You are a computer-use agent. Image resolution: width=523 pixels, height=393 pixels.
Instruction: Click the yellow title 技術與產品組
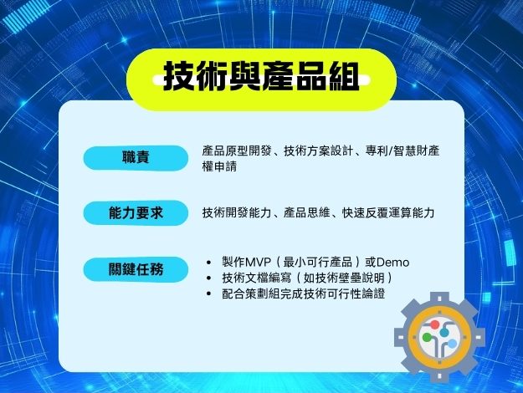click(x=261, y=77)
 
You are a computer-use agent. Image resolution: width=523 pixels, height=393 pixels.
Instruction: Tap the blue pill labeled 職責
click(x=136, y=158)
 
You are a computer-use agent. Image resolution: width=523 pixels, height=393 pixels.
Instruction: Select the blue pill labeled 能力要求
click(x=136, y=213)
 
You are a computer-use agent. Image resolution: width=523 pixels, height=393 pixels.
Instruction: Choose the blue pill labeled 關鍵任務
click(x=136, y=269)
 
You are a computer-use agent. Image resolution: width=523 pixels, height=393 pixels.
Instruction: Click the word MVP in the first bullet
click(x=258, y=263)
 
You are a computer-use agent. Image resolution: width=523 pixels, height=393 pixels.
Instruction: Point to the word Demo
click(x=393, y=263)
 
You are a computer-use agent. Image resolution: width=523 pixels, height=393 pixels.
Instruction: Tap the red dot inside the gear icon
click(x=434, y=324)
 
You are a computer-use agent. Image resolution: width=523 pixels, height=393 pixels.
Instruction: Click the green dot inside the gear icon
click(x=427, y=337)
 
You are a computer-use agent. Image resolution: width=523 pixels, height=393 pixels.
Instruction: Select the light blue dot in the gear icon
click(x=452, y=344)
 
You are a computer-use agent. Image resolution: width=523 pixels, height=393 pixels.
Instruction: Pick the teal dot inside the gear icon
click(x=444, y=332)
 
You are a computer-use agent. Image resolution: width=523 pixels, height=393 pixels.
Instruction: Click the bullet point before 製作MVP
click(x=209, y=263)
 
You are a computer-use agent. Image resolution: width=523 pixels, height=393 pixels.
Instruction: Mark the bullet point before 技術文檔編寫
click(x=209, y=278)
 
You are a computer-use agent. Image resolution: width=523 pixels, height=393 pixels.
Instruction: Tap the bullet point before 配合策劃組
click(x=209, y=293)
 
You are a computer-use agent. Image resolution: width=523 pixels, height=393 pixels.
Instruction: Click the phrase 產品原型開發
click(x=237, y=151)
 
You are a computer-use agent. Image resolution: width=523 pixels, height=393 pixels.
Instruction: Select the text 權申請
click(x=219, y=166)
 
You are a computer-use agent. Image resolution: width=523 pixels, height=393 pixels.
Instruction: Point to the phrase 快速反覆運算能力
click(x=388, y=213)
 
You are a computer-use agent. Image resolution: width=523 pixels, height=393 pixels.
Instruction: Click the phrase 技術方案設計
click(x=318, y=151)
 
